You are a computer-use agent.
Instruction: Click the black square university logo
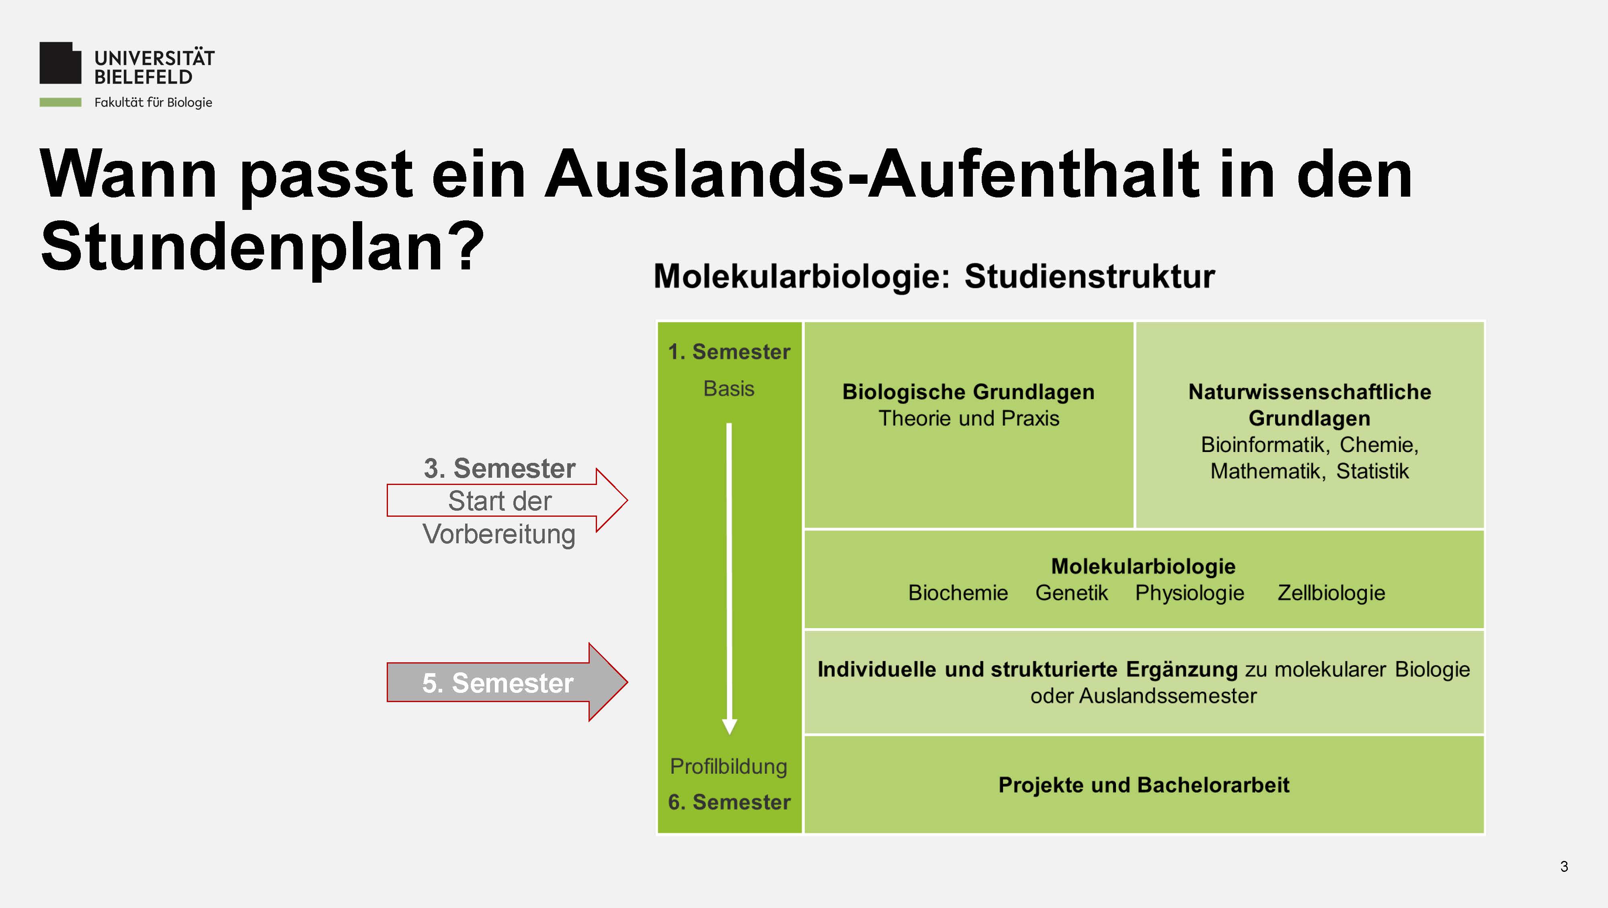[x=61, y=63]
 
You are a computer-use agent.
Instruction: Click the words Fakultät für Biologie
[x=153, y=103]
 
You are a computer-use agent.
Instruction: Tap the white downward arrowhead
[x=729, y=726]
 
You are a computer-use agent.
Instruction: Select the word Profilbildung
[x=728, y=767]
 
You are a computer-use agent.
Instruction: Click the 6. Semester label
[x=729, y=802]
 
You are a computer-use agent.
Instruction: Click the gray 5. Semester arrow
[x=507, y=682]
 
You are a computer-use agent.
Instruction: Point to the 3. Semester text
[x=499, y=468]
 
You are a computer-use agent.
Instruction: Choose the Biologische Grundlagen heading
[x=968, y=392]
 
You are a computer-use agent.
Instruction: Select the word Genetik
[x=1071, y=593]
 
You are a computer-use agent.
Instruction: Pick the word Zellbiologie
[x=1331, y=593]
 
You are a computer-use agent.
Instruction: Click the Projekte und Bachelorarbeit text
[x=1144, y=785]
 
